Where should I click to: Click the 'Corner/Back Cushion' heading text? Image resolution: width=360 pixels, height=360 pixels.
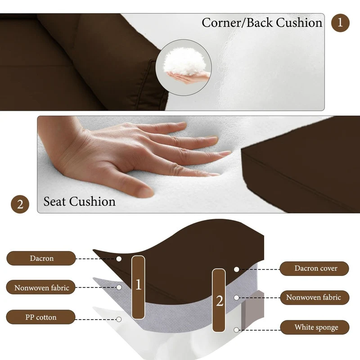click(262, 23)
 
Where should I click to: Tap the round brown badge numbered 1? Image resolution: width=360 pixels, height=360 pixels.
click(340, 23)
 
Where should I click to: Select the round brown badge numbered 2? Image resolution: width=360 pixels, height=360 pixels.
click(20, 204)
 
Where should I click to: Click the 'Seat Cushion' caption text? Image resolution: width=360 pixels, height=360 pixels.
click(80, 201)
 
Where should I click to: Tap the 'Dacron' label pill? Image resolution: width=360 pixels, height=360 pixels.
click(41, 258)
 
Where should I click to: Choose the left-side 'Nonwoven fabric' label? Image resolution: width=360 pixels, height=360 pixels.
click(41, 287)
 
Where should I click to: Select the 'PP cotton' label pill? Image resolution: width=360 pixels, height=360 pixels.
click(40, 317)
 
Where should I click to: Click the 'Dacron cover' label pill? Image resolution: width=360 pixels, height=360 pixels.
click(314, 268)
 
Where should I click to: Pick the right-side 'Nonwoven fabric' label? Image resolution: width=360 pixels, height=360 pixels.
click(315, 297)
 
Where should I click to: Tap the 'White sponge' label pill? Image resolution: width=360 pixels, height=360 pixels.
click(315, 327)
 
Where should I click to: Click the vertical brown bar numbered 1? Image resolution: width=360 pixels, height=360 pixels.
click(138, 287)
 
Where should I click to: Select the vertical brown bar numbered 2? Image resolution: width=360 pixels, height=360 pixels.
click(219, 300)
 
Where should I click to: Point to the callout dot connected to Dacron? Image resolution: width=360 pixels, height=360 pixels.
click(119, 259)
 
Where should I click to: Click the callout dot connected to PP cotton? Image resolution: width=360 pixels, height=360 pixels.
click(119, 319)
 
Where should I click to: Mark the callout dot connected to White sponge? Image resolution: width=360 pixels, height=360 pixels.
click(236, 330)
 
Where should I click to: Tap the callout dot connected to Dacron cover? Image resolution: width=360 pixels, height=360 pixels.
click(237, 269)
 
